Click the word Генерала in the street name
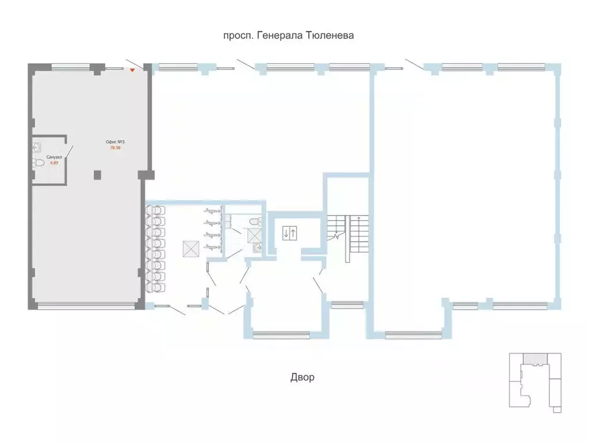pyautogui.click(x=280, y=35)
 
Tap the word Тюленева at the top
pyautogui.click(x=330, y=35)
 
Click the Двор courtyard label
pyautogui.click(x=303, y=377)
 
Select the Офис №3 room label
pyautogui.click(x=115, y=142)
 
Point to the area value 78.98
pyautogui.click(x=115, y=148)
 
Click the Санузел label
pyautogui.click(x=54, y=157)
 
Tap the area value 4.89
pyautogui.click(x=54, y=163)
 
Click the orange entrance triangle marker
pyautogui.click(x=132, y=70)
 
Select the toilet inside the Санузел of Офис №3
pyautogui.click(x=39, y=163)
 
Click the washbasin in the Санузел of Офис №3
pyautogui.click(x=37, y=147)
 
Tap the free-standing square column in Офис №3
pyautogui.click(x=97, y=175)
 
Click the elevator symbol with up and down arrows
pyautogui.click(x=290, y=233)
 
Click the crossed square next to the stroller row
pyautogui.click(x=191, y=249)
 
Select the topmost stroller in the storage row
pyautogui.click(x=155, y=210)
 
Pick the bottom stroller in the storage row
pyautogui.click(x=155, y=287)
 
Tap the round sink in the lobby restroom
pyautogui.click(x=257, y=247)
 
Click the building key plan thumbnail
pyautogui.click(x=536, y=383)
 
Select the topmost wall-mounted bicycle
pyautogui.click(x=213, y=211)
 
